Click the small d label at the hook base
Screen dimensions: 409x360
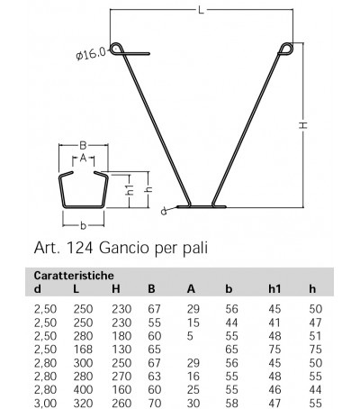coord(163,213)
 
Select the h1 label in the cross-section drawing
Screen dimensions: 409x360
coord(129,191)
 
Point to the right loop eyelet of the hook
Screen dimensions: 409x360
coord(285,49)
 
